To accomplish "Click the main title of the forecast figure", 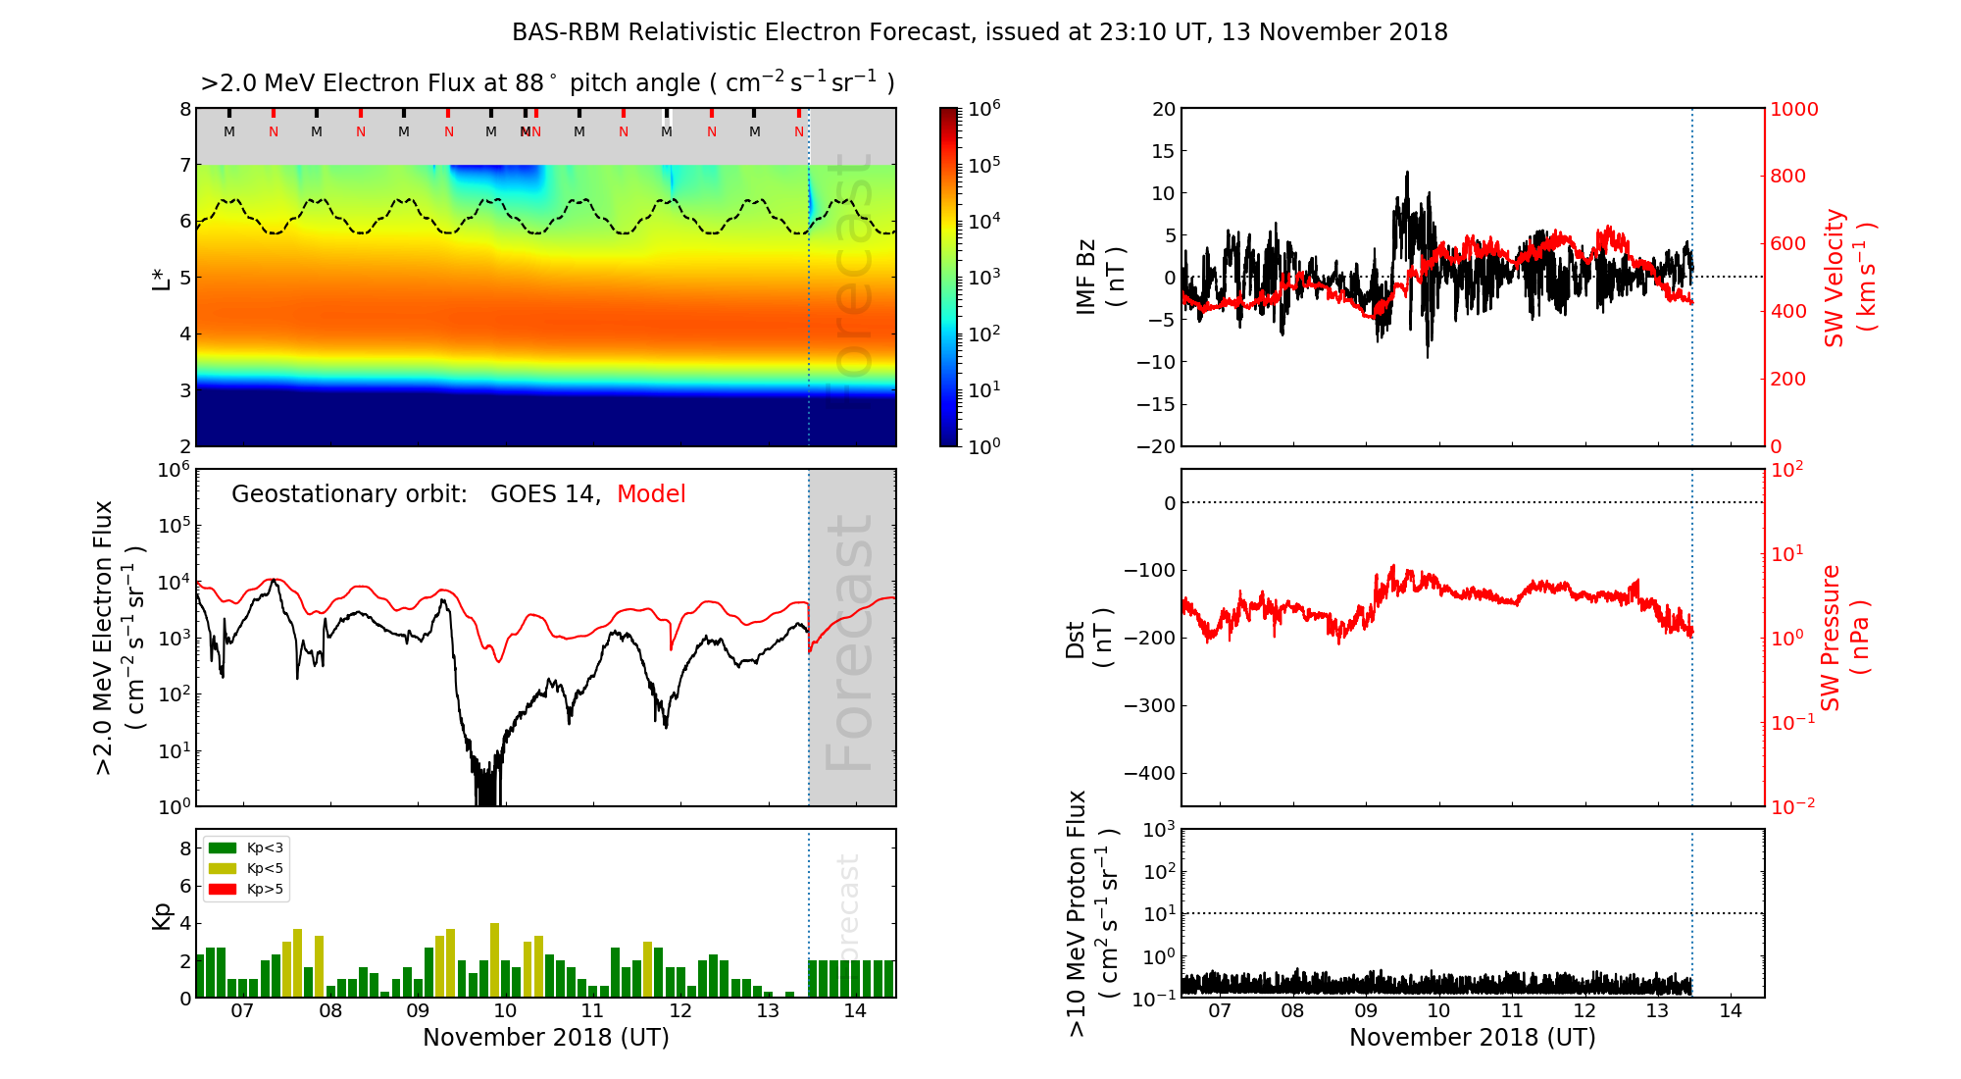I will click(980, 32).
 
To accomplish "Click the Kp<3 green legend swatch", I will click(223, 848).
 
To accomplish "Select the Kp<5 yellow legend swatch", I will click(223, 868).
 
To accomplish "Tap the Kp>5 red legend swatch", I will click(223, 890).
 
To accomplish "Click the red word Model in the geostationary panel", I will click(651, 494).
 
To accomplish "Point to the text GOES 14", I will click(544, 494).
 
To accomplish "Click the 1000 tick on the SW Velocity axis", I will click(1793, 109).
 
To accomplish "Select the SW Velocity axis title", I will click(1849, 278).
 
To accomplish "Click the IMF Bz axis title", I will click(1100, 278).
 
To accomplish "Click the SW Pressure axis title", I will click(1844, 638).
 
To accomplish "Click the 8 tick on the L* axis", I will click(184, 109).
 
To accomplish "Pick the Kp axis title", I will click(162, 915).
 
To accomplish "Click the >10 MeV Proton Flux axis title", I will click(1092, 913).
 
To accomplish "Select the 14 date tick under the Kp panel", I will click(855, 1011).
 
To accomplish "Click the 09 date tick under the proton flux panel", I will click(1366, 1011).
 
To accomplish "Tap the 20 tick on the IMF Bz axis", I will click(1163, 109).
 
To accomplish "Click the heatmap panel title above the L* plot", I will click(547, 83).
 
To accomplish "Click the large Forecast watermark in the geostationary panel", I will click(849, 642).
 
